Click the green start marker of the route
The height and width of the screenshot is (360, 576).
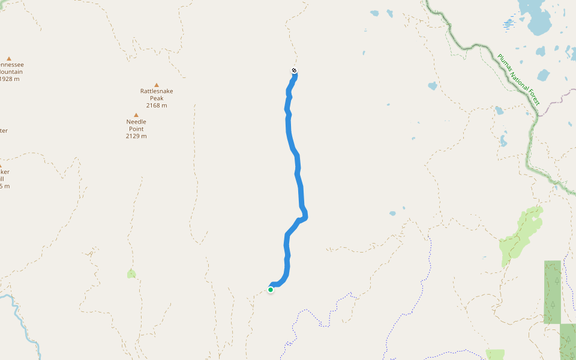coord(271,290)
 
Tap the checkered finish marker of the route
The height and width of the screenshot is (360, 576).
coord(294,71)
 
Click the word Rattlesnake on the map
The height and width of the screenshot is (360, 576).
coord(157,91)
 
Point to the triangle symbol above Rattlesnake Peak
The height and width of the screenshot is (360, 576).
coord(157,85)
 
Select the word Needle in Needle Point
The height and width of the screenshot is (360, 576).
coord(136,122)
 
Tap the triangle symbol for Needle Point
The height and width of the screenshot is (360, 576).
coord(136,115)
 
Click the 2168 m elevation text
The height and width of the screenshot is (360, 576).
coord(157,106)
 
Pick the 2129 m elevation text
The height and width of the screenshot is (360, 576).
coord(136,136)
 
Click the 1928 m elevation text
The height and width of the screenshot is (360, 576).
coord(9,79)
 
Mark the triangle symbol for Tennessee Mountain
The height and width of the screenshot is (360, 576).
coord(9,58)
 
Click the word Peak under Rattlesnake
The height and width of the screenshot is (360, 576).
coord(157,98)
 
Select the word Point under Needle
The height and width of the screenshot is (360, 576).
coord(136,129)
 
